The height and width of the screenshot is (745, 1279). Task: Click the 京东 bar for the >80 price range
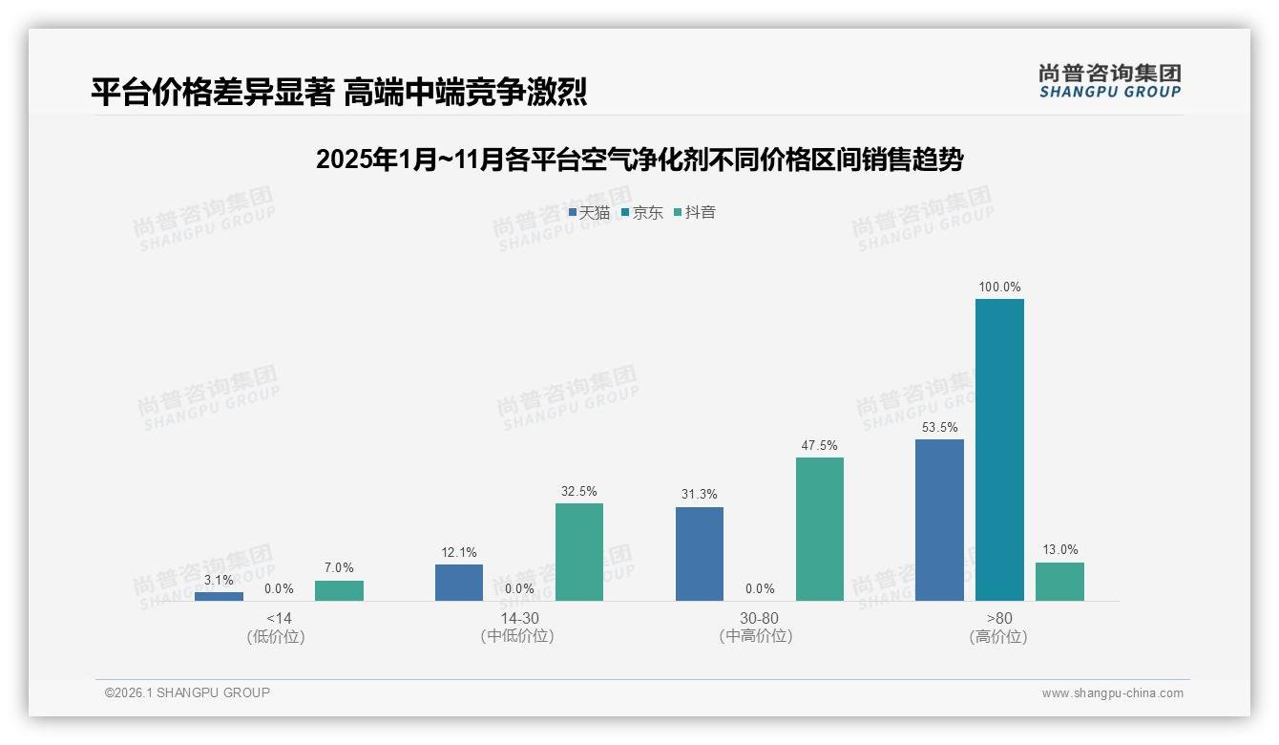tap(999, 449)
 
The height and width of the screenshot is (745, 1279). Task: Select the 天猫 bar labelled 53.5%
tap(939, 520)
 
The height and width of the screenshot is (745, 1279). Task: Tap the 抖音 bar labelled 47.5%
tap(820, 529)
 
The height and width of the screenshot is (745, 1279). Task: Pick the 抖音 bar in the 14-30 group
tap(579, 552)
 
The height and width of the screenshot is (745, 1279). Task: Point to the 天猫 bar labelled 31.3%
tap(700, 554)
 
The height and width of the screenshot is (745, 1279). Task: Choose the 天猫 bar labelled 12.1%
tap(459, 583)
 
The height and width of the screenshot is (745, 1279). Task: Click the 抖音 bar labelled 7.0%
tap(339, 590)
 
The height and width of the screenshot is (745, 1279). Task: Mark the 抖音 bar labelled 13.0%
tap(1059, 582)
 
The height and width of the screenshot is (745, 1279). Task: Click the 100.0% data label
tap(999, 287)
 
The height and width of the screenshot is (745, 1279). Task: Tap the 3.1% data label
tap(219, 580)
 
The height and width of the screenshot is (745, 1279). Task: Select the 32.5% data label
tap(579, 491)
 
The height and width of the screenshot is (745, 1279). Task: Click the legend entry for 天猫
tap(589, 212)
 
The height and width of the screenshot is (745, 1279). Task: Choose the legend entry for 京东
tap(642, 212)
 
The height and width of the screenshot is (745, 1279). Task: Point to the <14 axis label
tap(279, 618)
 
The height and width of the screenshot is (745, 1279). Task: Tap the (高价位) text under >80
tap(998, 637)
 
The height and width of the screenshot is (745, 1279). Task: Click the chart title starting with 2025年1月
tap(639, 160)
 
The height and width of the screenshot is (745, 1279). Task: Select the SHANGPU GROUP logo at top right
tap(1109, 81)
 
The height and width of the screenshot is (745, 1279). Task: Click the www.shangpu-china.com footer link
tap(1112, 693)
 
